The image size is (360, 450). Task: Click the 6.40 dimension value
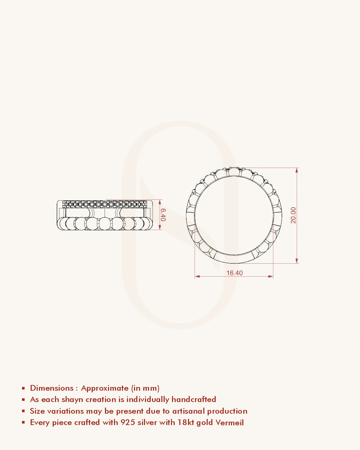tap(163, 215)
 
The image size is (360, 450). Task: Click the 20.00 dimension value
tap(293, 215)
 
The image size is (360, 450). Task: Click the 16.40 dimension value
tap(234, 273)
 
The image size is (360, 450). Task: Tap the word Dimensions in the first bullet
tap(52, 388)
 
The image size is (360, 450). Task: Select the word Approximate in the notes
tap(105, 388)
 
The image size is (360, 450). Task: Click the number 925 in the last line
tap(128, 422)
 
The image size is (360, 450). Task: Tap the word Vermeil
tap(229, 422)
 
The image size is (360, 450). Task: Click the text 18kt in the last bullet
tap(186, 422)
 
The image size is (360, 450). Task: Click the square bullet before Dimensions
tap(23, 388)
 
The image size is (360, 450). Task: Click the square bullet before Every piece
tap(23, 422)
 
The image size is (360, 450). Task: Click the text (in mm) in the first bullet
tap(145, 388)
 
